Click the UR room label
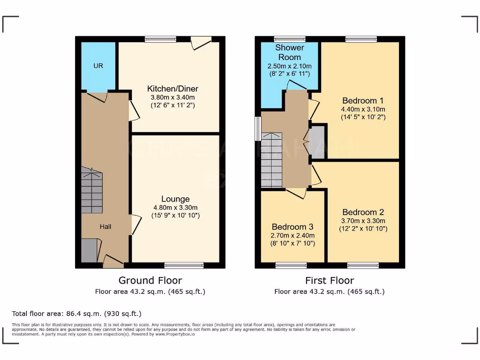tap(98, 66)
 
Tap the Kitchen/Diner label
tap(172, 89)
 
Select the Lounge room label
tap(175, 199)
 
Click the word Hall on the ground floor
tap(105, 226)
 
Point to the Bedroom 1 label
tap(363, 101)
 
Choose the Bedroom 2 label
tap(363, 212)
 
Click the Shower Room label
tap(290, 52)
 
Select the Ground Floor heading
tap(150, 280)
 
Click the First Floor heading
tap(330, 280)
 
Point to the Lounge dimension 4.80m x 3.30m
tap(175, 208)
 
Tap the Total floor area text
tap(76, 314)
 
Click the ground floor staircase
tap(92, 192)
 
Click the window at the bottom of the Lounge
tap(184, 265)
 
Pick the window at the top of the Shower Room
tap(290, 39)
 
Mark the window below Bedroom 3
tap(291, 265)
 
